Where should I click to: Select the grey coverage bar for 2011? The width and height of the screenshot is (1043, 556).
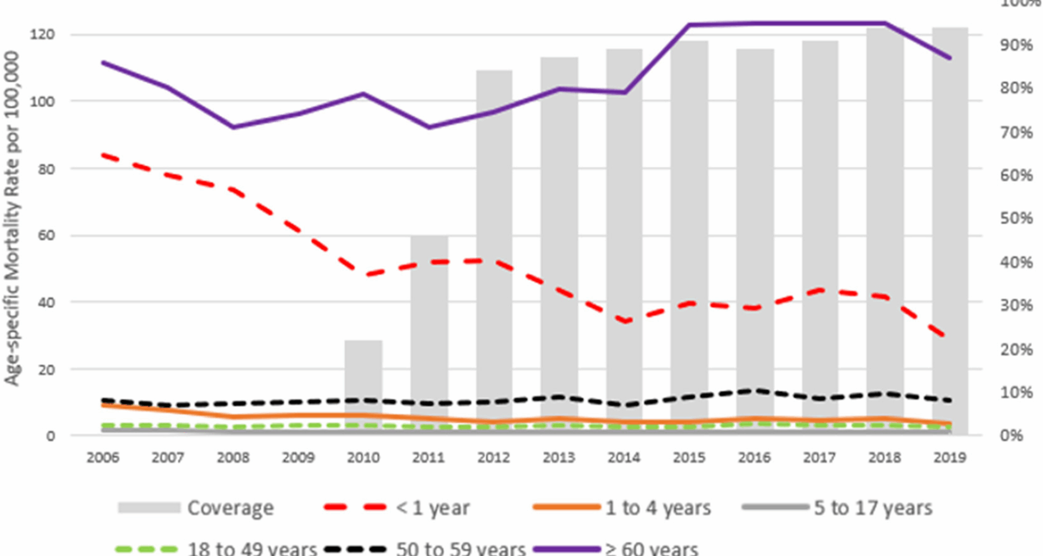[429, 326]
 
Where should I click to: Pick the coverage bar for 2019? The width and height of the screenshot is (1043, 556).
[950, 217]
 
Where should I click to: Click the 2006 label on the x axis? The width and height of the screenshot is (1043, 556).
[103, 458]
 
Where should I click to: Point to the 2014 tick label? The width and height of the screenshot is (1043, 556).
[624, 458]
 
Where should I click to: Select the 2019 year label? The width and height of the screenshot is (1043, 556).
[950, 458]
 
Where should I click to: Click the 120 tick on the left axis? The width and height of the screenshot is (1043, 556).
[42, 35]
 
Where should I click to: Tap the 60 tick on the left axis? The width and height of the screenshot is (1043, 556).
[46, 236]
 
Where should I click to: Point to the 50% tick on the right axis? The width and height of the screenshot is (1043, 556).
[1016, 218]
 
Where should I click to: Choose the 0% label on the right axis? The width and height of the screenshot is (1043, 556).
[1011, 435]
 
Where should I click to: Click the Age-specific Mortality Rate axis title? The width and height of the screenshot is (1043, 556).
[12, 217]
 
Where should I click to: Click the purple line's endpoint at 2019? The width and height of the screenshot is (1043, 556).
[950, 58]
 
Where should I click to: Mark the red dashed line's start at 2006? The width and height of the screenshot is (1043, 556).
[103, 156]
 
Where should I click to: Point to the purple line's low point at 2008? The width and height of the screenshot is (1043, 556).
[234, 127]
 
